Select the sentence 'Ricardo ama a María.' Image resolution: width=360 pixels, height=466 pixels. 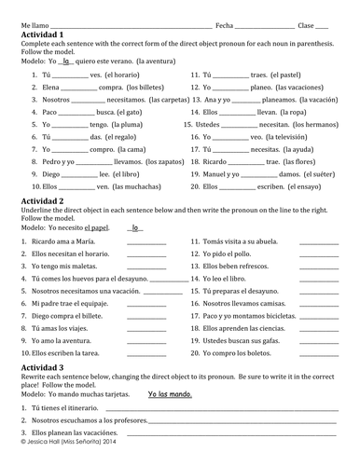point(54,241)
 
